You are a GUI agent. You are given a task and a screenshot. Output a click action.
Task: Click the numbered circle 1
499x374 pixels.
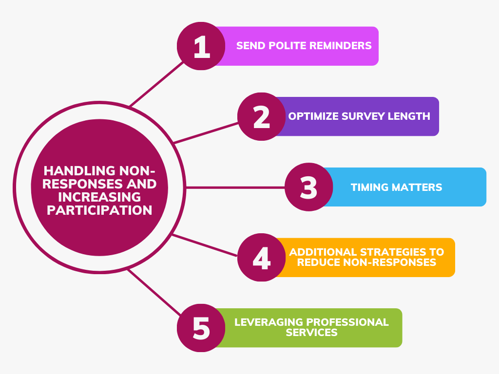[x=201, y=46]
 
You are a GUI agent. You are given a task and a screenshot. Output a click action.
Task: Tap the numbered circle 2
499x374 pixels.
[x=262, y=117]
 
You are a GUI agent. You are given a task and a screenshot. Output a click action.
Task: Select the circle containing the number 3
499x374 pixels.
[x=308, y=187]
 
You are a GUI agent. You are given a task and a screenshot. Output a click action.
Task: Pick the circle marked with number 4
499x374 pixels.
[x=262, y=258]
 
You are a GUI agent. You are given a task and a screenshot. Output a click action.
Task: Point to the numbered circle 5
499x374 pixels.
[x=201, y=328]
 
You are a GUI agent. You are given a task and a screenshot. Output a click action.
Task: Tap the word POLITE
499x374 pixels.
[x=281, y=46]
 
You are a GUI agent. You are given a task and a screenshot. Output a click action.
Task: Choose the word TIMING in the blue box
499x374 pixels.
[x=369, y=187]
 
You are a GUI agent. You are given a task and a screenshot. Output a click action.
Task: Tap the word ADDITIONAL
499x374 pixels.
[x=323, y=252]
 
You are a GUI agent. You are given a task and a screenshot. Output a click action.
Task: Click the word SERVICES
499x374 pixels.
[x=311, y=333]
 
